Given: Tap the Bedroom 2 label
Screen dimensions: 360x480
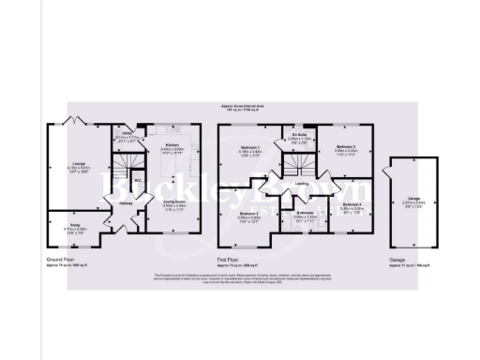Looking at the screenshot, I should click(248, 216).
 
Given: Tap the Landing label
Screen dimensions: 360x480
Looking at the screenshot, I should click(302, 184).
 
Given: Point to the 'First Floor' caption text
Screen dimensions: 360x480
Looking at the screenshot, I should click(228, 256).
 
